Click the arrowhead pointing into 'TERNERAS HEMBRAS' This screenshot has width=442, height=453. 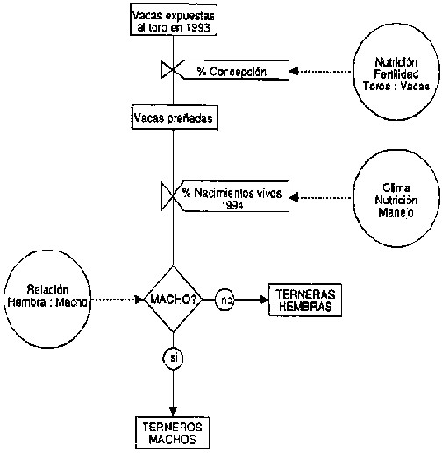[x=264, y=300]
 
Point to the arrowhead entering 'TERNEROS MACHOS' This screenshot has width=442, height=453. [x=173, y=412]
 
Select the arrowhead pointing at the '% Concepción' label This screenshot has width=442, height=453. [x=294, y=71]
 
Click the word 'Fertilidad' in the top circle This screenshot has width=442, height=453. [x=396, y=74]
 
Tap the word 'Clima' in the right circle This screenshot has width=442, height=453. [x=396, y=188]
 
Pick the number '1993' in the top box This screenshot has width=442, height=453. [x=198, y=28]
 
